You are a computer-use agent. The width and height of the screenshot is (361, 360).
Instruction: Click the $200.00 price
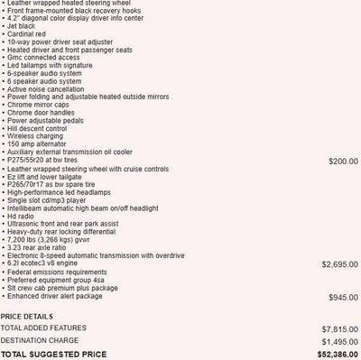tap(342, 161)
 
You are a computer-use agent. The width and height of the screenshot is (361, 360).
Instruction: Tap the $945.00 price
tap(342, 297)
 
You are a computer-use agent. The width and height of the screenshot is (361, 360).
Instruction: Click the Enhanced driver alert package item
tap(63, 297)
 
